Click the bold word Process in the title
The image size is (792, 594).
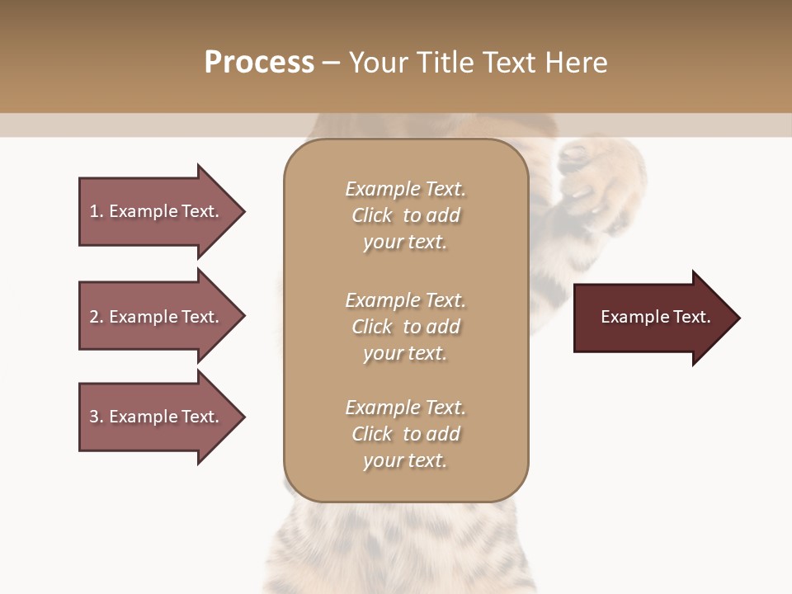(259, 63)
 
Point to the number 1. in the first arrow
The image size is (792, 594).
(97, 211)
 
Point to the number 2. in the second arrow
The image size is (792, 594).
(97, 317)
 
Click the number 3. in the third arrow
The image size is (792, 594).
(97, 417)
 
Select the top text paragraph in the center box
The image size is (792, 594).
(405, 215)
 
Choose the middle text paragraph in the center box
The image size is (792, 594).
(405, 327)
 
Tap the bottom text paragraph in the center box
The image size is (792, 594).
(405, 434)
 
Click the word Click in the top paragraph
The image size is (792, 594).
(372, 215)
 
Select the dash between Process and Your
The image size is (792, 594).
(331, 63)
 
